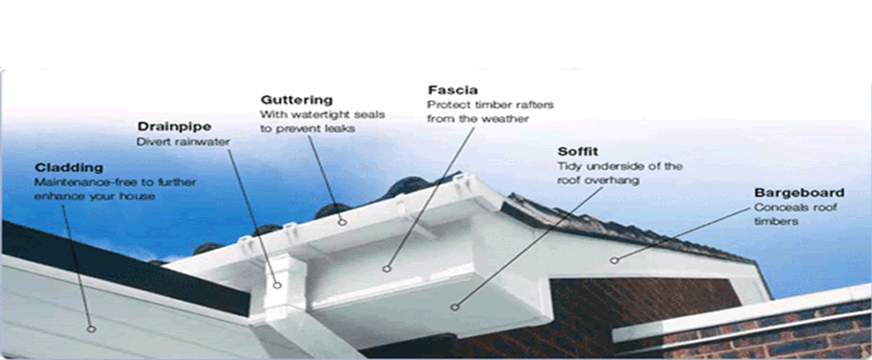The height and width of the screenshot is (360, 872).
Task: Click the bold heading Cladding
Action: (69, 168)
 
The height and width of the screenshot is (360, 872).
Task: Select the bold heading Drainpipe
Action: (174, 127)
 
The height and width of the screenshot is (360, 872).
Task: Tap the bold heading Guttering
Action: (296, 100)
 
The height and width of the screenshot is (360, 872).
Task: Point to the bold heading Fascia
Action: (452, 90)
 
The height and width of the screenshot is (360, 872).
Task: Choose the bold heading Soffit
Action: (578, 151)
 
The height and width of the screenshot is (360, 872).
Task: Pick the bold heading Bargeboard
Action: (799, 193)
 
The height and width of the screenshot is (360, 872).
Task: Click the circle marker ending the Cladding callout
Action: (91, 329)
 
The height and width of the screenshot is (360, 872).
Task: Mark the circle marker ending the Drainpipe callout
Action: (278, 285)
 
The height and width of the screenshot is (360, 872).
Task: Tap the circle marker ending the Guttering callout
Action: (343, 223)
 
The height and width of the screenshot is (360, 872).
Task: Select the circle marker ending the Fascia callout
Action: (386, 269)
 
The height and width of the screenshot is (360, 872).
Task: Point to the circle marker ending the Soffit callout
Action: (454, 307)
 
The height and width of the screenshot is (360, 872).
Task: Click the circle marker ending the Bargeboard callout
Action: (614, 260)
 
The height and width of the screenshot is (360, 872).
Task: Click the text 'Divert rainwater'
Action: (183, 142)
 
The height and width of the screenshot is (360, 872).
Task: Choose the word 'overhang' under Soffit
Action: (615, 181)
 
